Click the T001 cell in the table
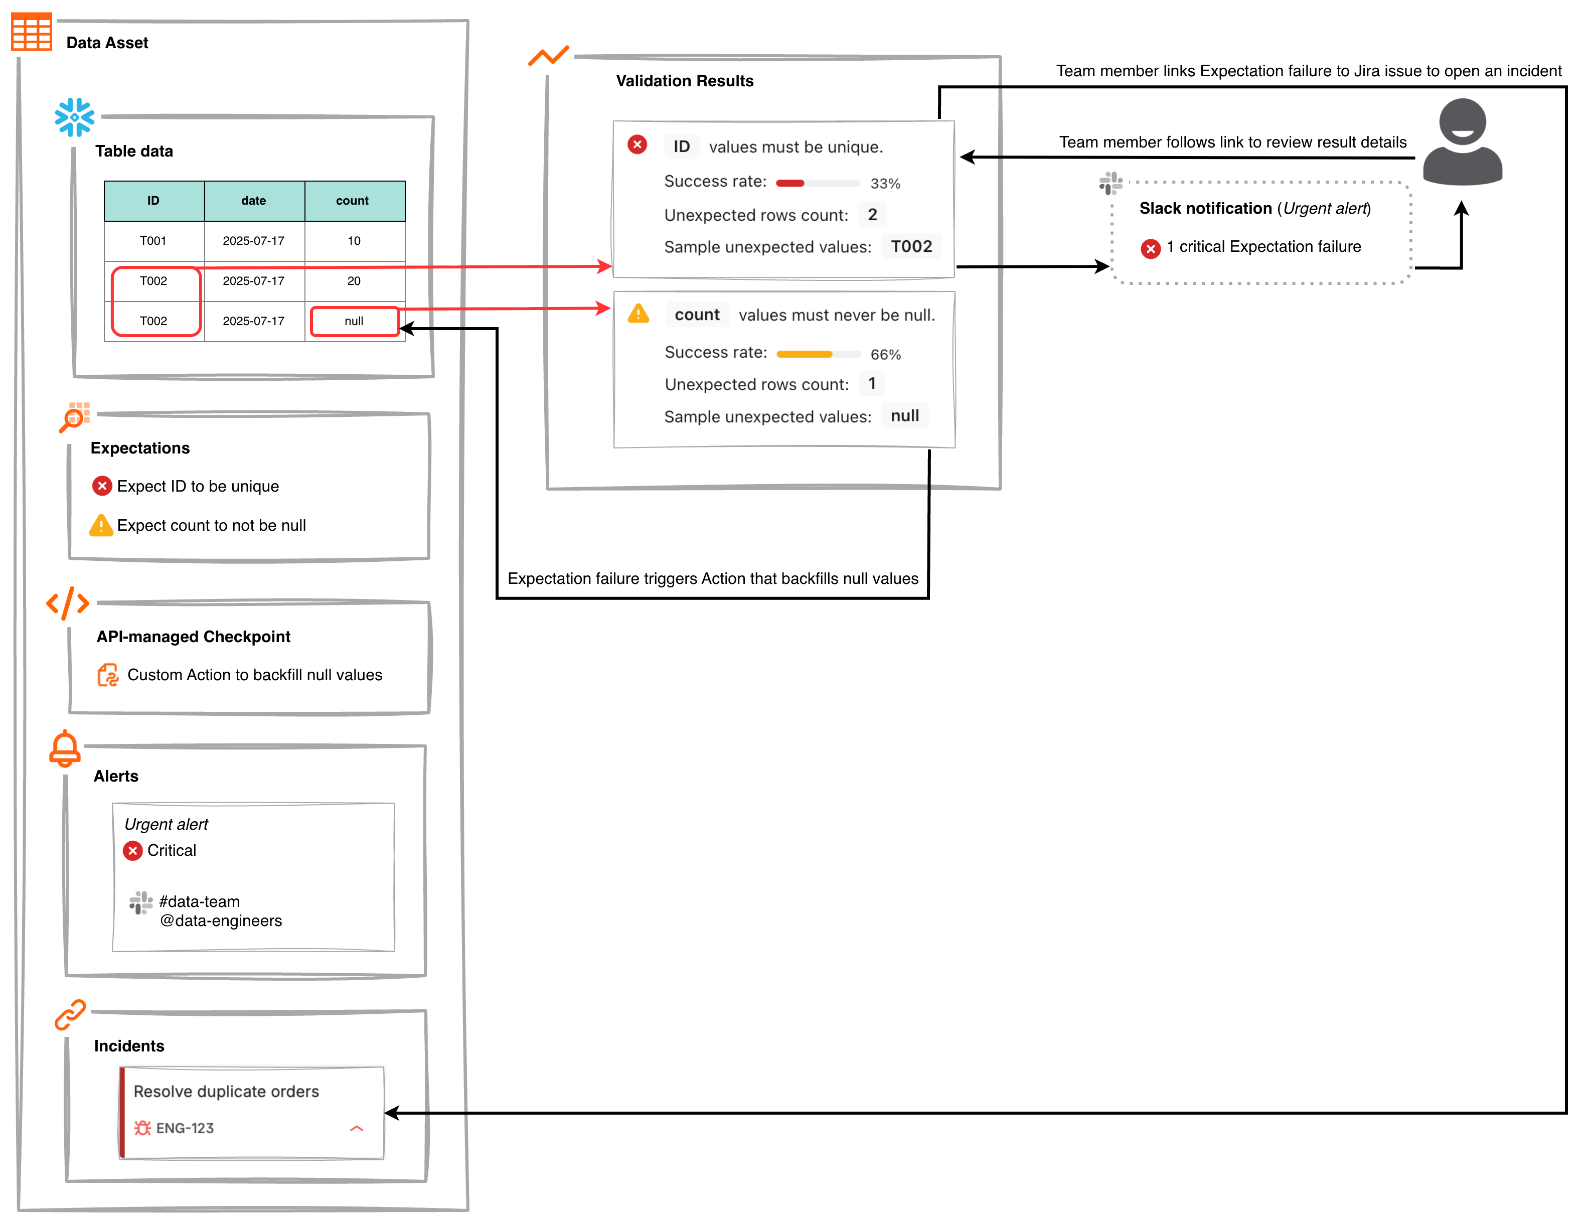click(153, 241)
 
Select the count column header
click(353, 201)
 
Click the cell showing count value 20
click(354, 281)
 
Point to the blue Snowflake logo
click(75, 117)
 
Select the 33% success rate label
click(885, 184)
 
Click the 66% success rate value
click(885, 355)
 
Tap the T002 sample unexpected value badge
click(911, 247)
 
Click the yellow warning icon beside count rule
click(638, 314)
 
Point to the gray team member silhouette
click(1462, 142)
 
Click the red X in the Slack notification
click(1150, 248)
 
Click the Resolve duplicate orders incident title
click(226, 1091)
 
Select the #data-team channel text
click(199, 901)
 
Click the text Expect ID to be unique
click(198, 487)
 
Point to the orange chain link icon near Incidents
click(70, 1015)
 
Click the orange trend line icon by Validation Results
click(548, 56)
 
